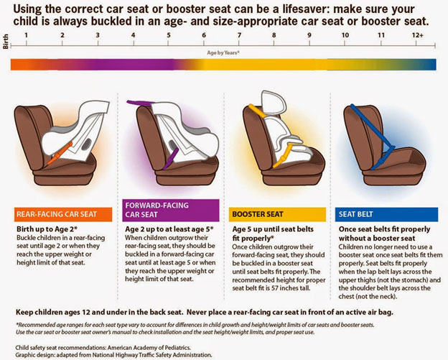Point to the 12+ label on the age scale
point(417,34)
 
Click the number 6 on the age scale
point(204,34)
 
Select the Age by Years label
point(223,53)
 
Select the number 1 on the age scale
point(27,34)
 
